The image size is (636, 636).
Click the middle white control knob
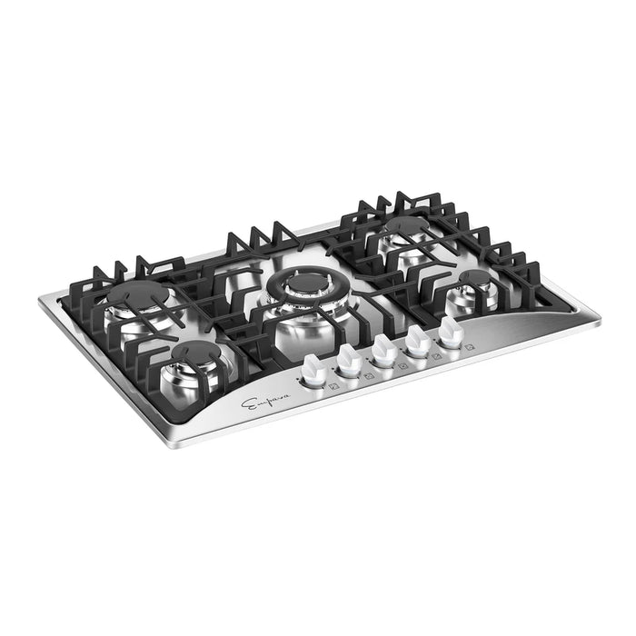click(383, 349)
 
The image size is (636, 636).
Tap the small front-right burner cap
click(468, 275)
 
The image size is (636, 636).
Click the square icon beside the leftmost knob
click(333, 383)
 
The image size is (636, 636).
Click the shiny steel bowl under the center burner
click(304, 323)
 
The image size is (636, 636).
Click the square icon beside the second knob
click(367, 374)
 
